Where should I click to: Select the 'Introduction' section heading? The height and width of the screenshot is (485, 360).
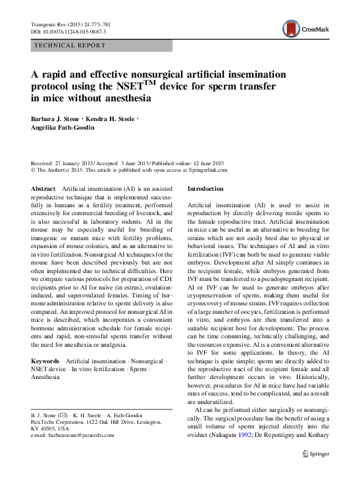point(205,188)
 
